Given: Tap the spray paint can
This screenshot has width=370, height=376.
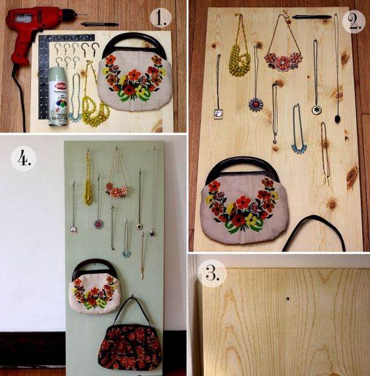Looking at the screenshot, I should pos(58,96).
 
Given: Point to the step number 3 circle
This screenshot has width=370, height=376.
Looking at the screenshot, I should pos(212,272).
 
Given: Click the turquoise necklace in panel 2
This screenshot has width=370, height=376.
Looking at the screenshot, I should pos(299,135).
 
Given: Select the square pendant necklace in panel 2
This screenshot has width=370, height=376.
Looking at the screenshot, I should pos(219,112).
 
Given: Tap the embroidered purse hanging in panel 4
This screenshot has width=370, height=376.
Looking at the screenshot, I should pos(96,290).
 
